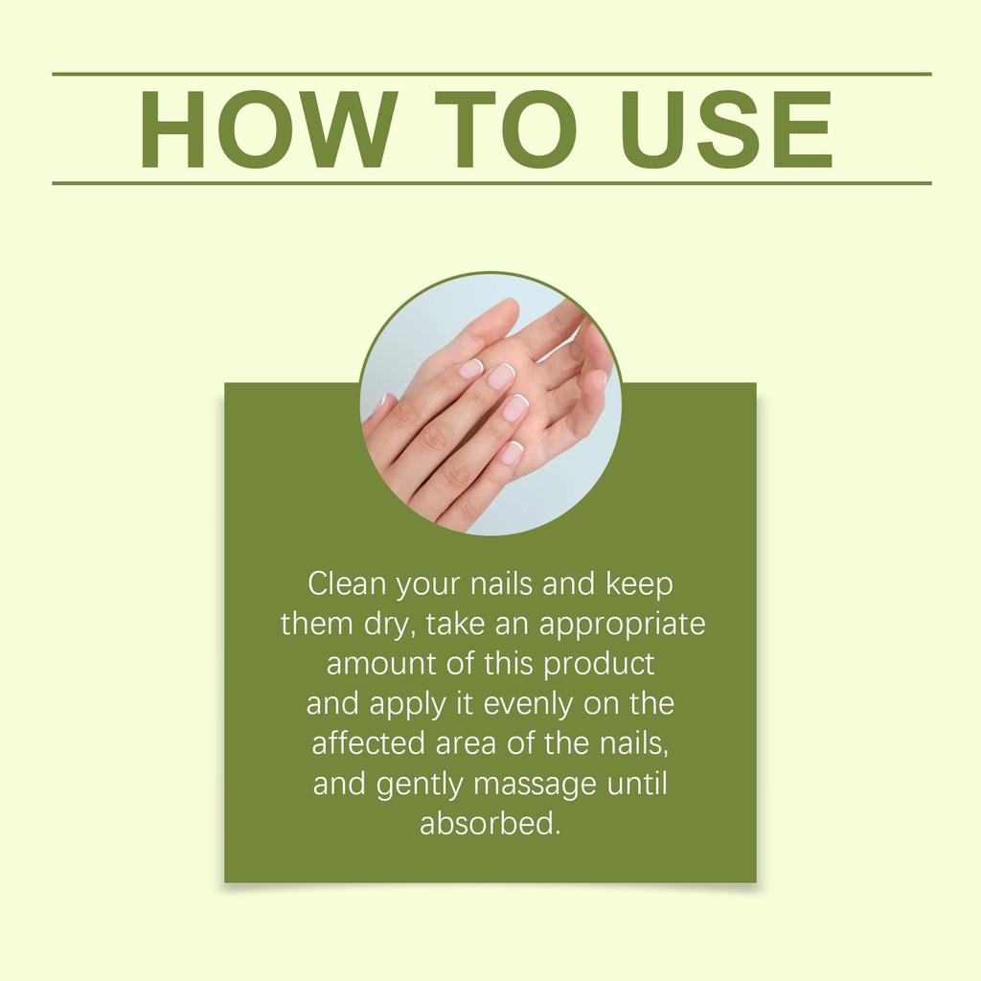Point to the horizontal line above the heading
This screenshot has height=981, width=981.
[x=490, y=74]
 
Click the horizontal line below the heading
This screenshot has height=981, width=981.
[x=490, y=182]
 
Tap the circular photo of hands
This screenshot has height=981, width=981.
[x=490, y=403]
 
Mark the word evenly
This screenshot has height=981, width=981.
[x=531, y=704]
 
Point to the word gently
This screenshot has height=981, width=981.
[x=419, y=785]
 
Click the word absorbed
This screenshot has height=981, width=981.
[x=489, y=824]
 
